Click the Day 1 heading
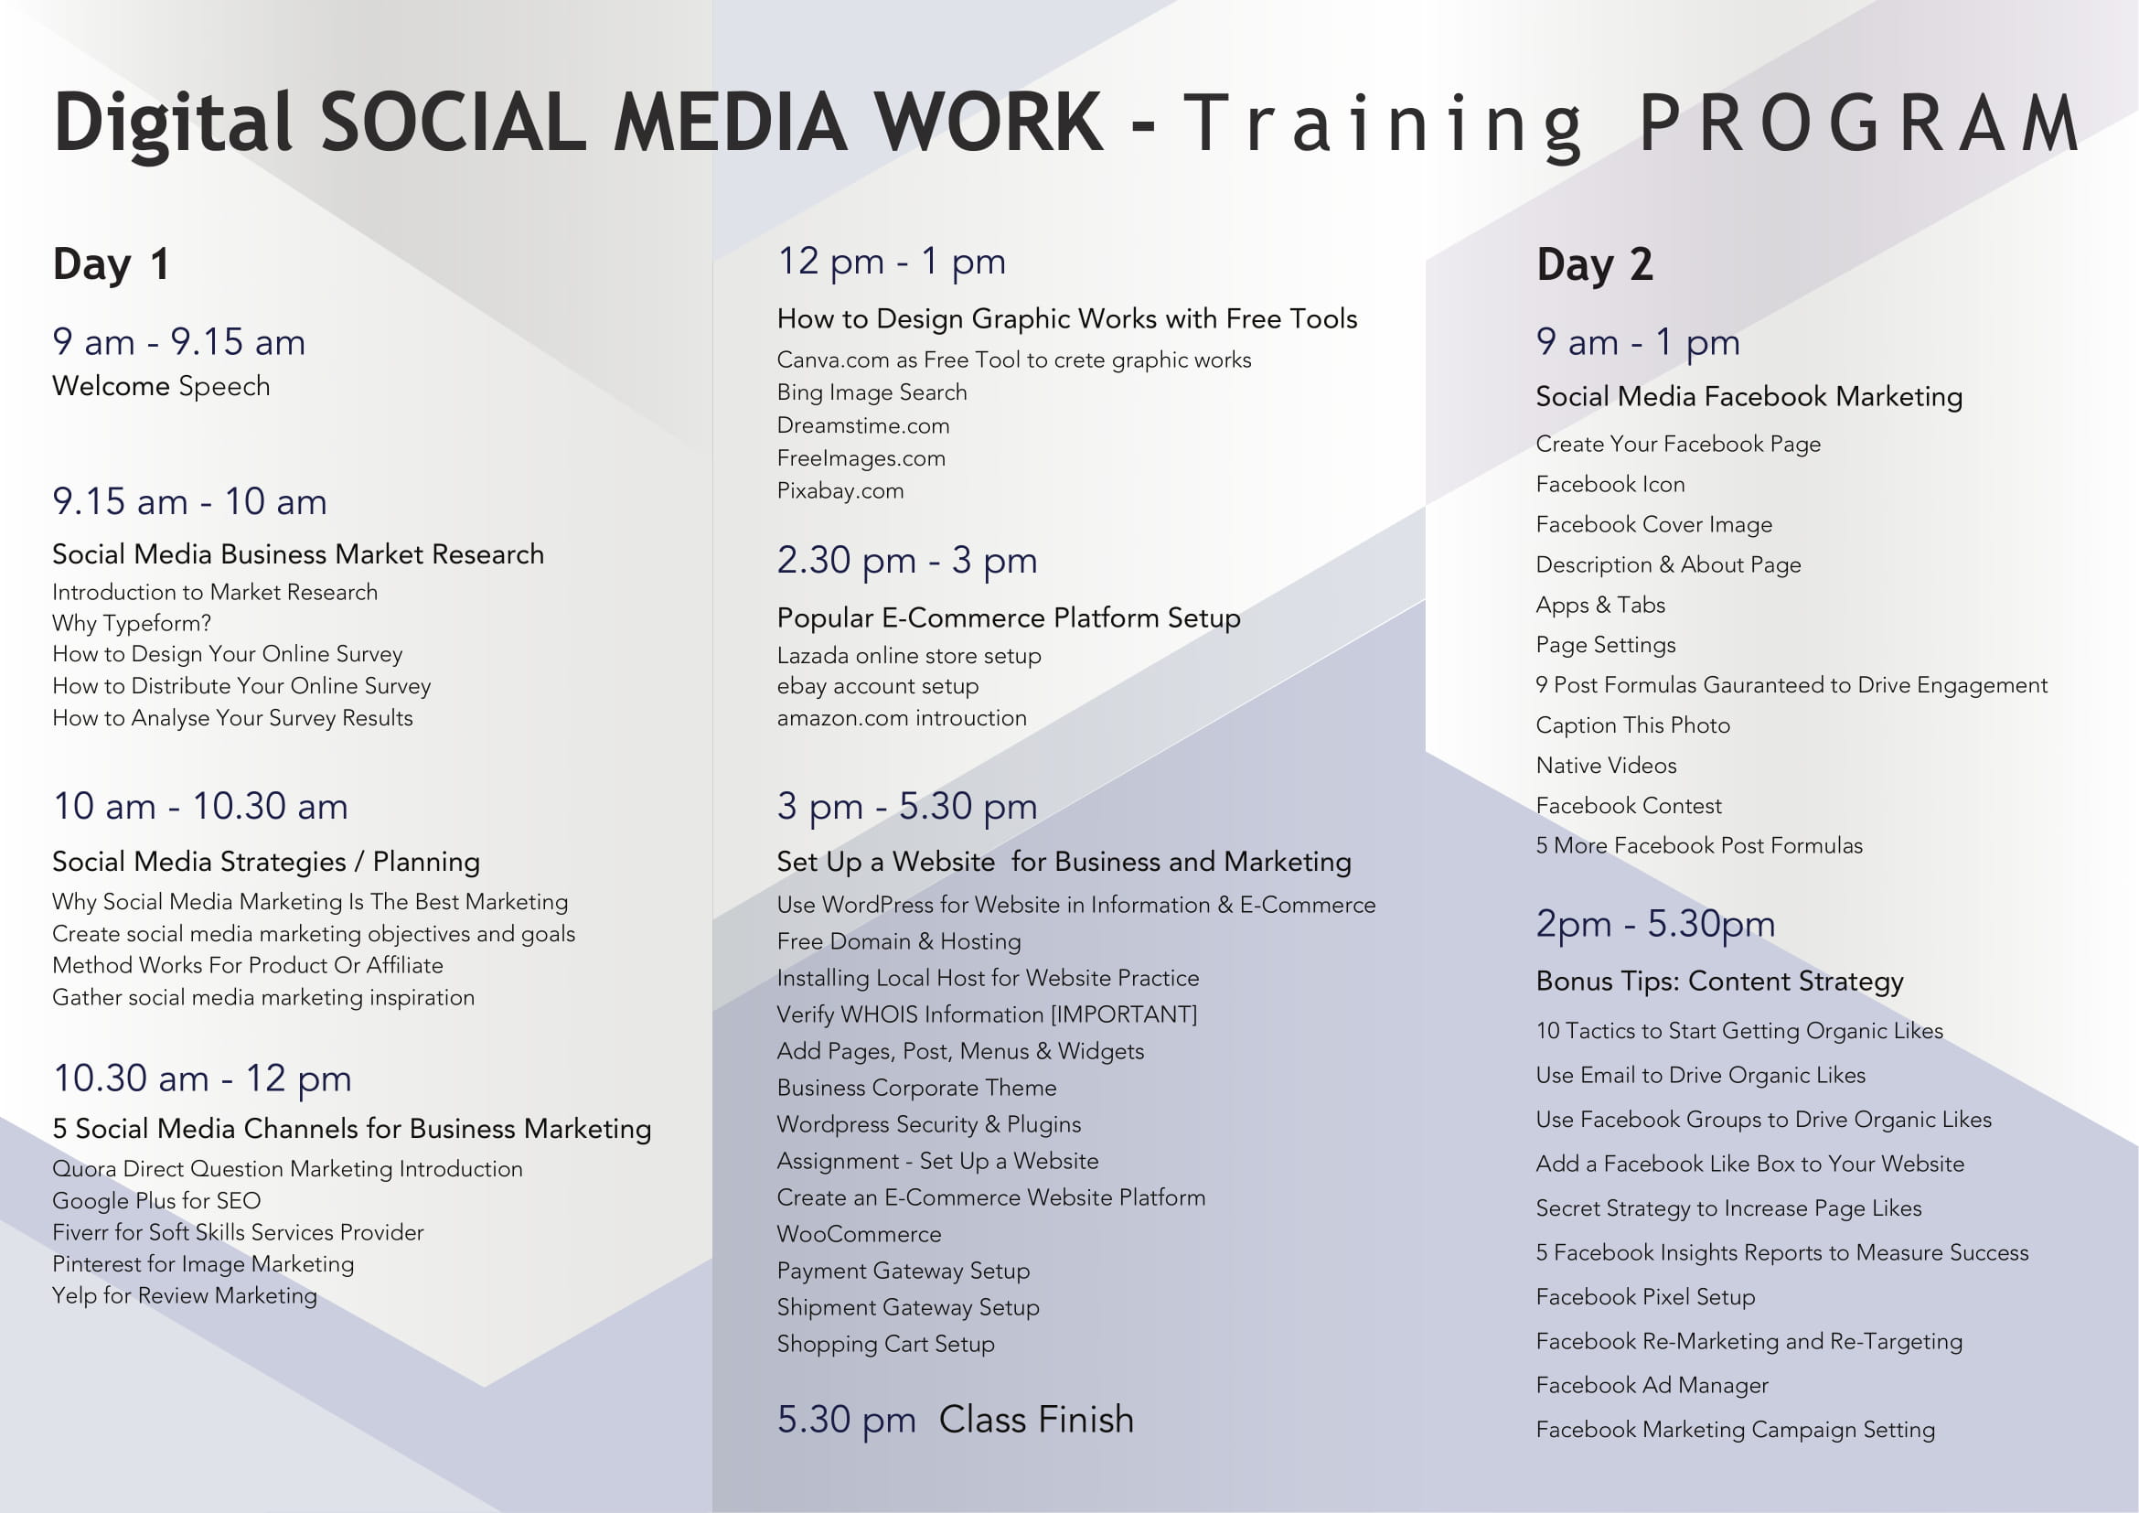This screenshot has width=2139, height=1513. pos(111,264)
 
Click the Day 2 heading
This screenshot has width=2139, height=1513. pos(1595,264)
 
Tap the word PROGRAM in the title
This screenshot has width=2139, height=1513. pos(1858,123)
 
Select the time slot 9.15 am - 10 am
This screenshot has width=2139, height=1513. pos(190,501)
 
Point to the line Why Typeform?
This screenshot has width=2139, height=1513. pos(133,623)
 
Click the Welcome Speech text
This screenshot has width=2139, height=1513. pos(161,387)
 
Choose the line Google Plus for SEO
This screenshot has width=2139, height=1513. pos(156,1201)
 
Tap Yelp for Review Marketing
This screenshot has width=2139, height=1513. pos(185,1296)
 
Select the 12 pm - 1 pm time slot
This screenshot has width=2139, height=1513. pos(892,262)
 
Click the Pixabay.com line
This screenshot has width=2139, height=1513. pos(840,491)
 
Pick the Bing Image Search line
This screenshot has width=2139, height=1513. pos(872,392)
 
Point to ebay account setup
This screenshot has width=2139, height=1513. pos(878,687)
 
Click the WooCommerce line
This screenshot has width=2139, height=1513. pos(859,1234)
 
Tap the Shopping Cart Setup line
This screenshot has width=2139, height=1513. pos(886,1345)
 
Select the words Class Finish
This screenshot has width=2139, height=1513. pos(1036,1420)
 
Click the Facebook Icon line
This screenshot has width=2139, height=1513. pos(1610,485)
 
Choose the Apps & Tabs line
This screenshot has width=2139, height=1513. pos(1600,606)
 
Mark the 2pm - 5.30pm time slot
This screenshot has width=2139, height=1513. pos(1655,924)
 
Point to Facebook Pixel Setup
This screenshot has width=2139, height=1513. pos(1645,1297)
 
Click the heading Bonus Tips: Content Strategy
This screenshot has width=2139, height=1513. pos(1720,982)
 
